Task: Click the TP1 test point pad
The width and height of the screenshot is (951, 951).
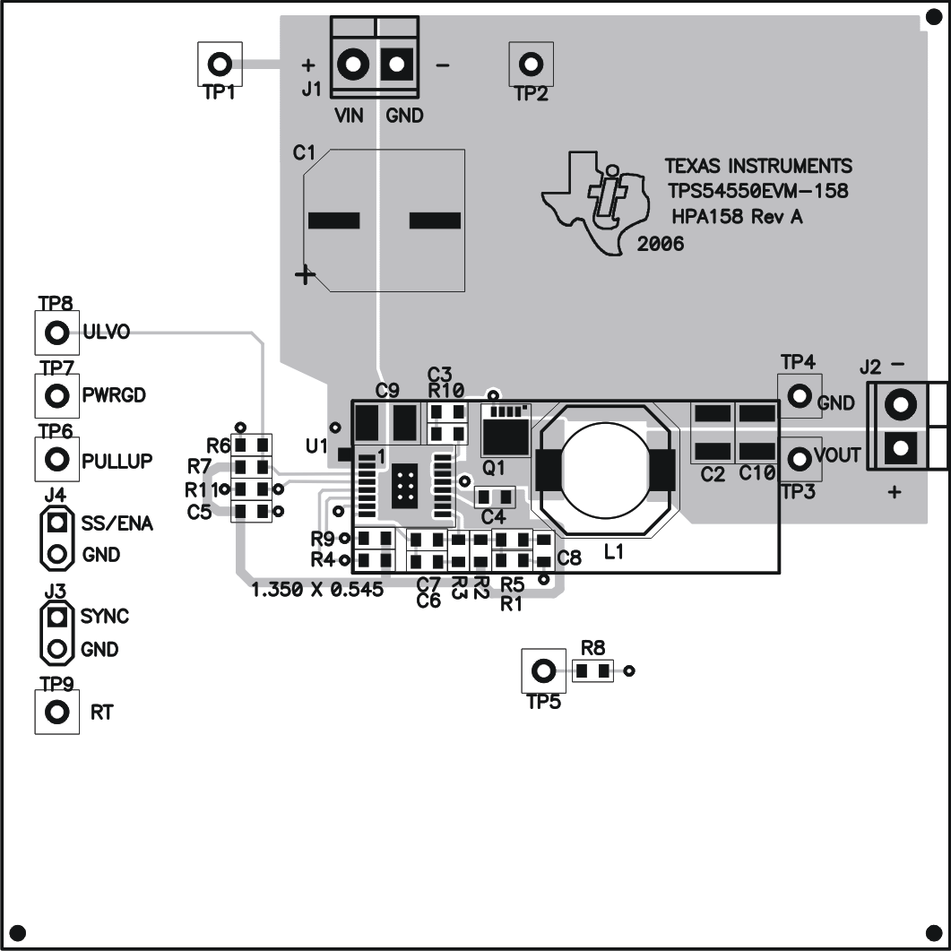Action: (x=219, y=64)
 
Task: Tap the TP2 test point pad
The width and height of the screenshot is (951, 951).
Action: (x=532, y=64)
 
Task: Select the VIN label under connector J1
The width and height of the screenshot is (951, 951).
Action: (x=349, y=116)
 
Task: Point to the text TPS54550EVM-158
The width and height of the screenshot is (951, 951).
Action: (x=757, y=191)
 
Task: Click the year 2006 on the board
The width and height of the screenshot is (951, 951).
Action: (x=661, y=244)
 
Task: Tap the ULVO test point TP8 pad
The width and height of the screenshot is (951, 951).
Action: (x=56, y=333)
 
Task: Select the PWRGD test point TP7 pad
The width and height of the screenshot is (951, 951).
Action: (x=56, y=395)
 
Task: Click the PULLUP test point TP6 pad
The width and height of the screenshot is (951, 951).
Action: (x=56, y=459)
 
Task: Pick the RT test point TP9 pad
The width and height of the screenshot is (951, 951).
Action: (x=56, y=713)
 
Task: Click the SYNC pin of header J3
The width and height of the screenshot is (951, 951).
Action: (x=57, y=617)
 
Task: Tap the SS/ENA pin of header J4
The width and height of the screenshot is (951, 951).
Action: (x=57, y=522)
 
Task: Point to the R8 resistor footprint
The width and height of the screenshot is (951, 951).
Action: (x=592, y=670)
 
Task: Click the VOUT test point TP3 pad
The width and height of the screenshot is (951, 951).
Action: (x=799, y=457)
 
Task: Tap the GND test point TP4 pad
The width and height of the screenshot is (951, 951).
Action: (x=799, y=395)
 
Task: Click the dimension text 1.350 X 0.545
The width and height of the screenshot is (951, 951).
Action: (x=318, y=591)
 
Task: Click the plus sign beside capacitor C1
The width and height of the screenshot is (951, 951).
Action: (x=306, y=274)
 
